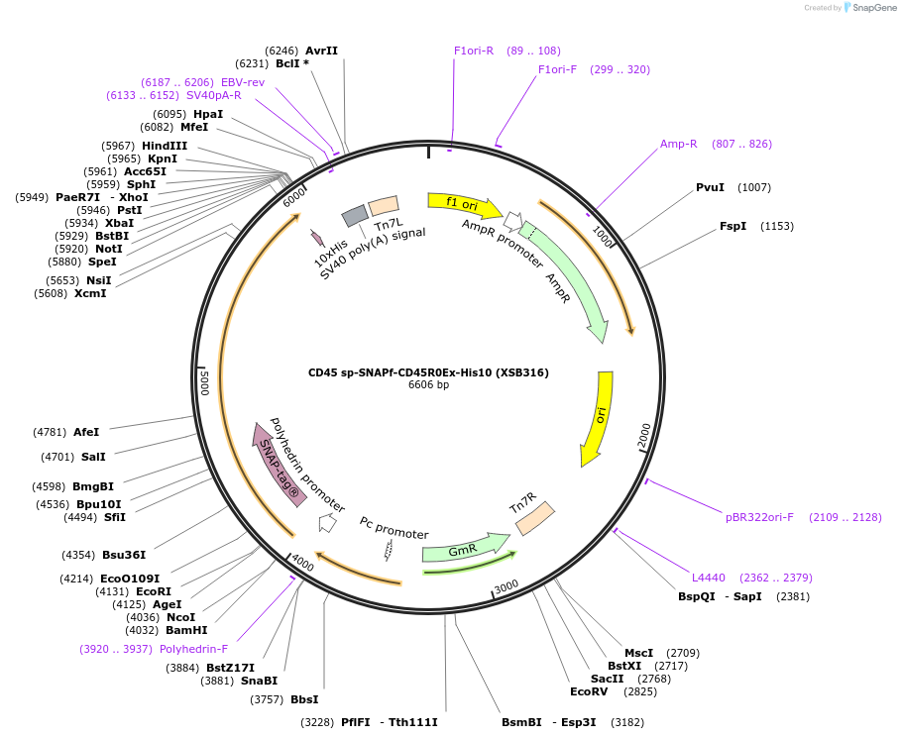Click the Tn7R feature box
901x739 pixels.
click(534, 518)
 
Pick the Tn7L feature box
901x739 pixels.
click(383, 206)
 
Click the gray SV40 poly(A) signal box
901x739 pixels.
click(355, 216)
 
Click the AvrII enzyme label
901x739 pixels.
click(321, 50)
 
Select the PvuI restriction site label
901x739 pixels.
click(710, 187)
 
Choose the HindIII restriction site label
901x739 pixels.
click(165, 146)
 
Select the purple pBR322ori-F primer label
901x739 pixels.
click(759, 517)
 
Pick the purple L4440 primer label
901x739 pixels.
click(709, 578)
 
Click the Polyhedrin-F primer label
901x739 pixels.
click(193, 649)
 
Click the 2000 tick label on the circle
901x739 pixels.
click(644, 434)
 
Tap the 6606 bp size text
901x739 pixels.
click(428, 385)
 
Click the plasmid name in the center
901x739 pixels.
click(428, 372)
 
